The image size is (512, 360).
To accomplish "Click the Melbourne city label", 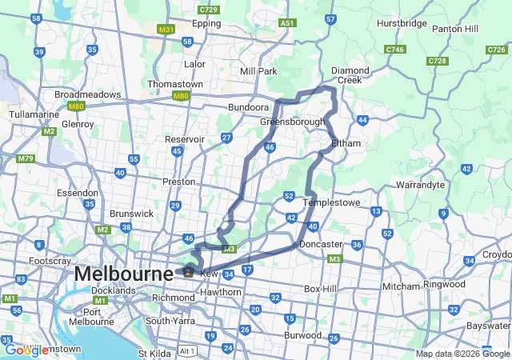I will click(x=123, y=274).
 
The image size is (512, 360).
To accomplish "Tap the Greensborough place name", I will click(x=292, y=122).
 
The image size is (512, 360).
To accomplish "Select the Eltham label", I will click(x=346, y=143).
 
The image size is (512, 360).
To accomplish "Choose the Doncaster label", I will click(x=321, y=244).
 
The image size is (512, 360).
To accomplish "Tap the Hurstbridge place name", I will click(x=401, y=24).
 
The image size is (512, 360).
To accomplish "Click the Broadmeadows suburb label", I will click(x=87, y=94).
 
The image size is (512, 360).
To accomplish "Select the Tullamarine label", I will click(x=30, y=114).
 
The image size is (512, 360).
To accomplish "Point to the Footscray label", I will click(x=50, y=262).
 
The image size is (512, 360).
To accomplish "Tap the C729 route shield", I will click(x=209, y=10).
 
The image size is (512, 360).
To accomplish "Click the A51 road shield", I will click(x=288, y=23).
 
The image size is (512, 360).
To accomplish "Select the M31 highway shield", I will click(x=166, y=30).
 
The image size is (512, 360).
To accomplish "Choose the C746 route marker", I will click(x=394, y=50).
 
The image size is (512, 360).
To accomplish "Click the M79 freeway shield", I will click(x=25, y=158).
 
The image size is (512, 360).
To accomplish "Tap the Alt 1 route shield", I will click(x=188, y=351).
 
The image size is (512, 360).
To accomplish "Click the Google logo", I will click(x=26, y=350).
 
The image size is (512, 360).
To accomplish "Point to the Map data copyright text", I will click(x=462, y=354).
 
